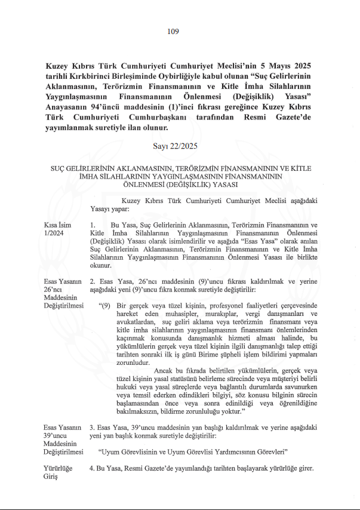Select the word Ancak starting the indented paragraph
click(x=169, y=370)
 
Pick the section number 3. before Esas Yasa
click(x=92, y=427)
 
